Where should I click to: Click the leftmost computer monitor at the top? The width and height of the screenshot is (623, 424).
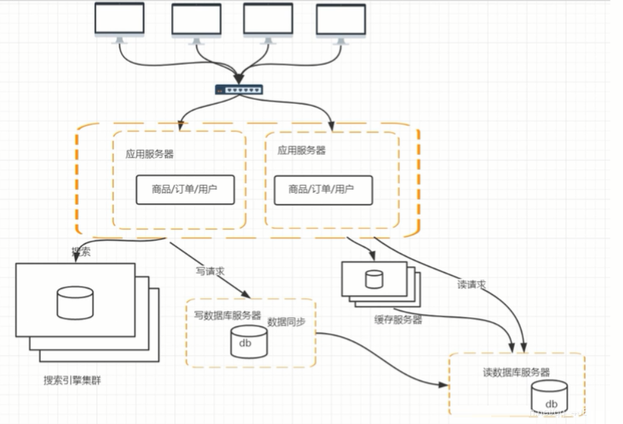point(119,20)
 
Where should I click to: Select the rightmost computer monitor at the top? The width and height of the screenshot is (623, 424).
point(341,22)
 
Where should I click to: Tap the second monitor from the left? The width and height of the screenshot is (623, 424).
point(197,22)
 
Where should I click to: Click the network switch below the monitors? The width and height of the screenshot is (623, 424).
point(238,90)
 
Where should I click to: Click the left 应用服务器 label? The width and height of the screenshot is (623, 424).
point(149,154)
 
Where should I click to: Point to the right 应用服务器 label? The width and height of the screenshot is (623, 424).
point(301,150)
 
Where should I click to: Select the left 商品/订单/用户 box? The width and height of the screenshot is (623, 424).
point(185,189)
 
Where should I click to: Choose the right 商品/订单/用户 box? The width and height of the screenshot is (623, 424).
point(323,189)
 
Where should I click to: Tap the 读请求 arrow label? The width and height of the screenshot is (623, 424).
point(472,285)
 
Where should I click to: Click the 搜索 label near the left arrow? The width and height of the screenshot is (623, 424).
point(81,251)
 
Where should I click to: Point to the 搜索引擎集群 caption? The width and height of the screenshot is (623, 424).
point(72,381)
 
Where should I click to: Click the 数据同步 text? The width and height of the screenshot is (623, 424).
point(286,322)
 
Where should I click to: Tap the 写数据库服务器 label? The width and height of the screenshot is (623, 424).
point(227,315)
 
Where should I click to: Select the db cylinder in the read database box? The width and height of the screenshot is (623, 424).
point(550,396)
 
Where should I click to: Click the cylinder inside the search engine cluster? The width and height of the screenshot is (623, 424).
point(74,302)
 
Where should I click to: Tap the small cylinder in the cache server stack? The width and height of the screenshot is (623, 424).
point(374,279)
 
